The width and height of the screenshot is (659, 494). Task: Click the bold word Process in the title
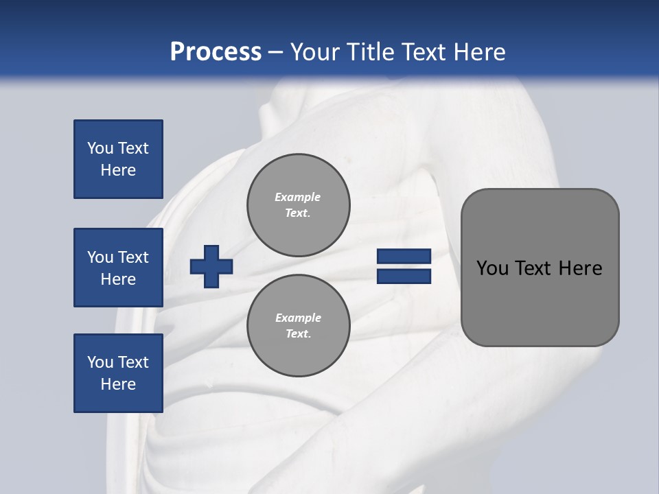click(x=216, y=52)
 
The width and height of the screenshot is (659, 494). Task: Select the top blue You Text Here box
click(x=118, y=159)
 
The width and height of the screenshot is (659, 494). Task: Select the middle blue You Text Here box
click(x=118, y=268)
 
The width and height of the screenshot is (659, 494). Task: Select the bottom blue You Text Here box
click(x=118, y=373)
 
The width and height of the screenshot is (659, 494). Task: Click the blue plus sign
click(x=211, y=266)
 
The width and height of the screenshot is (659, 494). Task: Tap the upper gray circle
click(x=298, y=205)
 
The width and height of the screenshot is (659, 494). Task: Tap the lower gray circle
click(x=298, y=326)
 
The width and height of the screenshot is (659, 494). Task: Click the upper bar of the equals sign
click(x=404, y=257)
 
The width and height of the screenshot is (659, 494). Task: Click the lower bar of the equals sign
click(x=404, y=277)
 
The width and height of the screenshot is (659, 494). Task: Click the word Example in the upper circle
click(x=298, y=197)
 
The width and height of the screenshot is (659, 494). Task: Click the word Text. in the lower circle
click(x=298, y=334)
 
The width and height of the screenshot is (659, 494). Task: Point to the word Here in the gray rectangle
click(x=580, y=268)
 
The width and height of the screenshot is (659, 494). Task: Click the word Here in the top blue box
click(x=118, y=170)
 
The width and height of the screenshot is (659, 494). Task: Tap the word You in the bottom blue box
click(x=100, y=362)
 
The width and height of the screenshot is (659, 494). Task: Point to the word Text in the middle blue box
click(x=132, y=257)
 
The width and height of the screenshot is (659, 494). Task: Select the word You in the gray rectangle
click(x=492, y=268)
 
